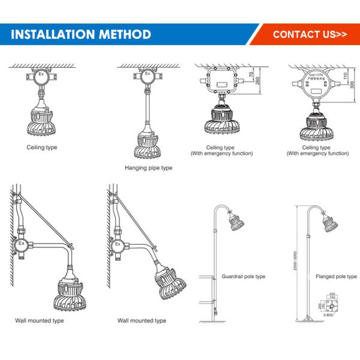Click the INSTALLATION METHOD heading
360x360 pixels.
[81, 34]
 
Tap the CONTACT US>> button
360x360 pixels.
[310, 34]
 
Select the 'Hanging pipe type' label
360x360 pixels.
[148, 168]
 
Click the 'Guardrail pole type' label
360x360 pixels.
[244, 277]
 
